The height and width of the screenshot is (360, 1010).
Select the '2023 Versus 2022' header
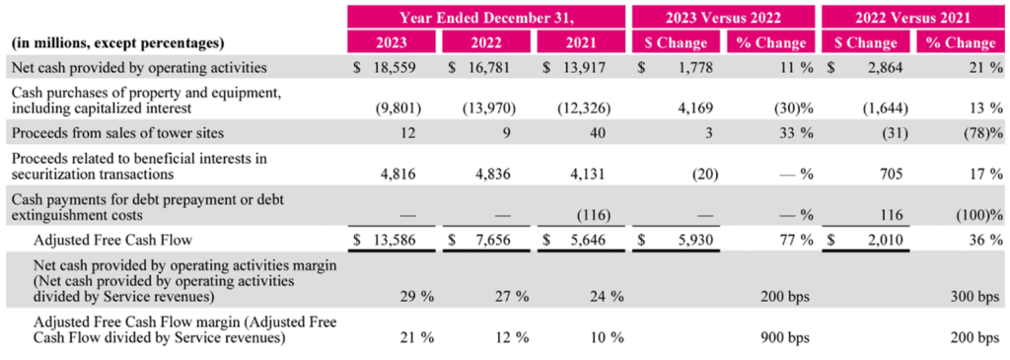point(722,18)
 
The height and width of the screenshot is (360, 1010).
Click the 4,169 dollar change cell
point(697,108)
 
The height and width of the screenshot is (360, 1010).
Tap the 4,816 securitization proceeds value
point(403,174)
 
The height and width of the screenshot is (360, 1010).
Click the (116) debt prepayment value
point(594,214)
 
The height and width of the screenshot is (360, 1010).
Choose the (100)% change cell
point(982,214)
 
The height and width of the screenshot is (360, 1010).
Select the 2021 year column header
point(581,43)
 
